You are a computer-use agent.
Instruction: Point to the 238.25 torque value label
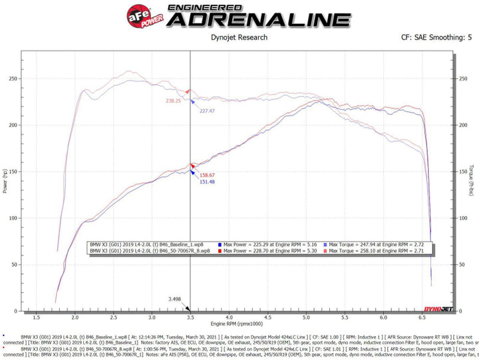[x=174, y=101]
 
